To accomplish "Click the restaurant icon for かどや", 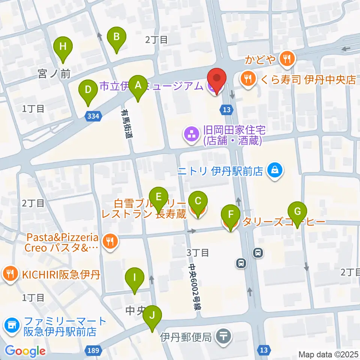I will pyautogui.click(x=287, y=58).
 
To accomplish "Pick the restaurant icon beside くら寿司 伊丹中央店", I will pyautogui.click(x=247, y=79).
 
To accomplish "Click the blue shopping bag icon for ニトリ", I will pyautogui.click(x=275, y=171).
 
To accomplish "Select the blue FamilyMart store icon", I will pyautogui.click(x=12, y=325).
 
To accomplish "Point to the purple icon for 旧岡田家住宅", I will pyautogui.click(x=190, y=135).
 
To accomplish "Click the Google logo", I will pyautogui.click(x=25, y=351).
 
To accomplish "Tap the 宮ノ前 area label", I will pyautogui.click(x=54, y=74).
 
